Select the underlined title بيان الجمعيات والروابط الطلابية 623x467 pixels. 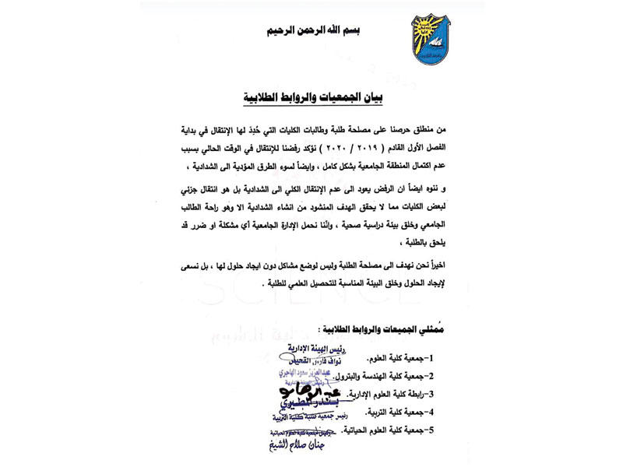[315, 100]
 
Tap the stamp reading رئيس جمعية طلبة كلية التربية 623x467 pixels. [304, 420]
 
